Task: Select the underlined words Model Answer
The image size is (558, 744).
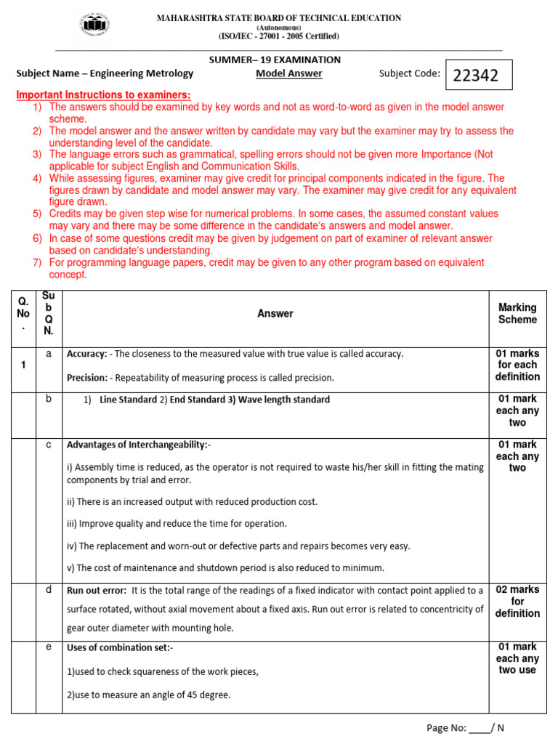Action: coord(288,73)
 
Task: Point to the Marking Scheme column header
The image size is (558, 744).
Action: coord(517,313)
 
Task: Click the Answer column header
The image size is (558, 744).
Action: coord(275,313)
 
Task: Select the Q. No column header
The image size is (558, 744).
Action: coord(23,313)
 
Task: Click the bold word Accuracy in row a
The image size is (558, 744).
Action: coord(86,354)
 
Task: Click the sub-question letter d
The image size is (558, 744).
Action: coord(49,589)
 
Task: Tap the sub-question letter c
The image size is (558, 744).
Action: coord(49,444)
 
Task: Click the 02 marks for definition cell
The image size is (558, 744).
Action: coord(517,602)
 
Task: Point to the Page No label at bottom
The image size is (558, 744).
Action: coord(446,728)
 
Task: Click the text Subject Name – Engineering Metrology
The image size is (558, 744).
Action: coord(105,73)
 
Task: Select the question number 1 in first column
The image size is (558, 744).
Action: coord(23,365)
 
